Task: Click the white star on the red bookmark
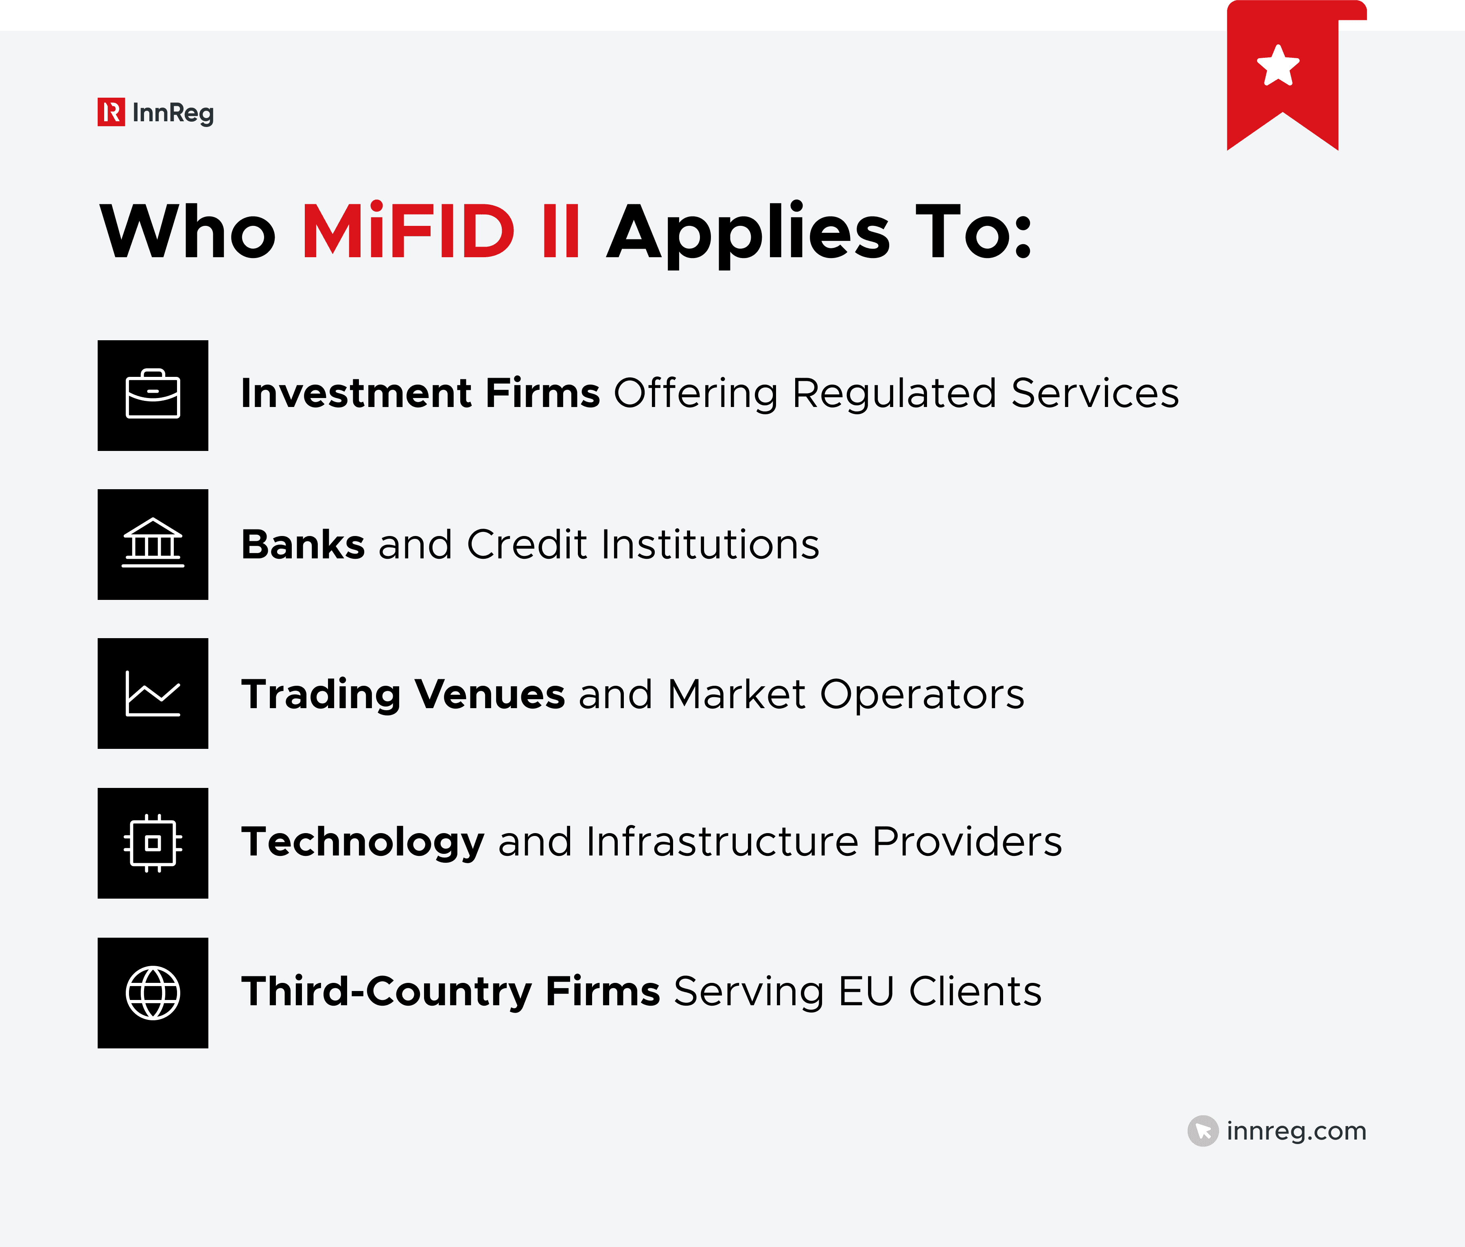1278,66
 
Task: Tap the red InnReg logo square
111,112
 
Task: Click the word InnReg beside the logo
173,113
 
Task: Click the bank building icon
153,544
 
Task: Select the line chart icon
153,694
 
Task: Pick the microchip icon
153,842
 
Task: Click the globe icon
153,993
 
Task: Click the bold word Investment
356,393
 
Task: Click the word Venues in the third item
489,694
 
